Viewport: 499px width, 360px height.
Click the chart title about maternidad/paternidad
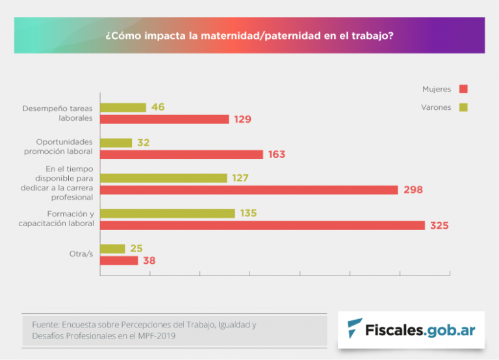coord(249,36)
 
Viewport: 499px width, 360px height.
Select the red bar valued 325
coord(262,225)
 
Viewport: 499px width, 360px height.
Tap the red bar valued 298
coord(249,190)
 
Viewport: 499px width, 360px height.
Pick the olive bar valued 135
coord(168,213)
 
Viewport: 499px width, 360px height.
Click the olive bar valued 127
coord(164,177)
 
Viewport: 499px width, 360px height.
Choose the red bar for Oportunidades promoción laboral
coord(182,155)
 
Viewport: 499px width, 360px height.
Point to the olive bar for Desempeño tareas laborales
coord(123,107)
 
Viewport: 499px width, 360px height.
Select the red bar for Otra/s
coord(120,261)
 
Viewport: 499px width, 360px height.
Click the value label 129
coord(242,120)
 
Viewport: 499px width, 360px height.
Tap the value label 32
coord(144,142)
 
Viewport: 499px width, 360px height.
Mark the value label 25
coord(136,248)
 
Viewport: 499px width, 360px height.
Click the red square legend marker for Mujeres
coord(463,89)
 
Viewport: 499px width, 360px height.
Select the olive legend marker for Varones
coord(463,107)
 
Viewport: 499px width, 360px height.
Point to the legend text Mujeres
coord(436,89)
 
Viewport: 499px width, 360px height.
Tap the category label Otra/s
coord(81,254)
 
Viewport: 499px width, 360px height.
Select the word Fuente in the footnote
coord(45,324)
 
